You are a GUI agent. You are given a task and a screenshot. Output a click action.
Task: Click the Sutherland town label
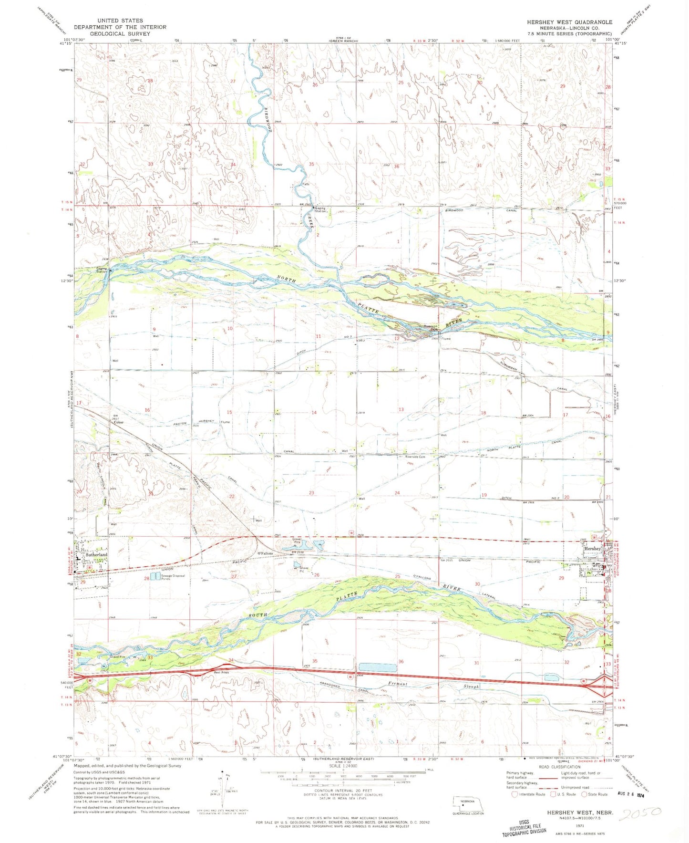click(96, 555)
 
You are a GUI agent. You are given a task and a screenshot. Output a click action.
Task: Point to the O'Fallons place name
click(265, 553)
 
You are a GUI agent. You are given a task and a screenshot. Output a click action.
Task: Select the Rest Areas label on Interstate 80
click(222, 672)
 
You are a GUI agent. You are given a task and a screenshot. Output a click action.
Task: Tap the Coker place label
click(118, 422)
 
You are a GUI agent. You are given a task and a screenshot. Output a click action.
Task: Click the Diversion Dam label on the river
click(431, 328)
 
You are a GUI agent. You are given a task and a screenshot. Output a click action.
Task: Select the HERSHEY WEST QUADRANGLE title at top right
click(569, 22)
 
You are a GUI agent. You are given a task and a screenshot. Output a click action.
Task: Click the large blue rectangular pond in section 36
click(377, 667)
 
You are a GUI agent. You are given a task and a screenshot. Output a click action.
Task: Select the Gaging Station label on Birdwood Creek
click(320, 210)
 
